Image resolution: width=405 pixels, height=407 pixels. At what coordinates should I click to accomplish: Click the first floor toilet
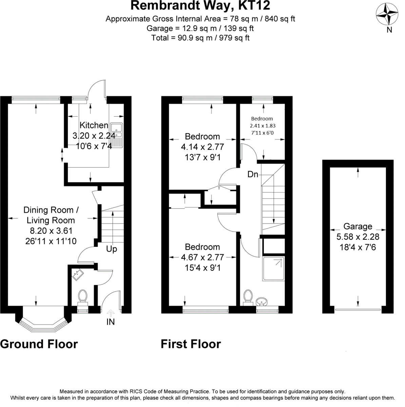pos(248,296)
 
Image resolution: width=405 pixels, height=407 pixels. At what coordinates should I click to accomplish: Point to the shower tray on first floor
pos(274,268)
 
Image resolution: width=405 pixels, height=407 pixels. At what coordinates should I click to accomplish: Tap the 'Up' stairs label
pos(112,249)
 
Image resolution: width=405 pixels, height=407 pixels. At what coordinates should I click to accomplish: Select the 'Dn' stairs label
pos(253,175)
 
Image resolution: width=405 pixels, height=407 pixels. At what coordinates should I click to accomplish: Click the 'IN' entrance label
pos(111,322)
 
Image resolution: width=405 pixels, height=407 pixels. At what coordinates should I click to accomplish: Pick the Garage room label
pos(358,226)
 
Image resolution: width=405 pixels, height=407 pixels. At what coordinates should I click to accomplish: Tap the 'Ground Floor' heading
pos(39,344)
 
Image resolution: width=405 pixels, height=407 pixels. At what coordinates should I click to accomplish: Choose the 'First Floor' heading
pos(191,344)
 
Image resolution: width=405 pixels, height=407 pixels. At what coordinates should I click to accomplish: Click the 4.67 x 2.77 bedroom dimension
pos(203,257)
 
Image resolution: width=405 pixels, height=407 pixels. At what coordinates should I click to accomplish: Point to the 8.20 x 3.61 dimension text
pos(51,231)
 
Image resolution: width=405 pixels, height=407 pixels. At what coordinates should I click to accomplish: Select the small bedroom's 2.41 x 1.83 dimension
pos(262,125)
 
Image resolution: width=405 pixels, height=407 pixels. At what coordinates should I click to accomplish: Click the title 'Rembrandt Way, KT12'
pos(200,6)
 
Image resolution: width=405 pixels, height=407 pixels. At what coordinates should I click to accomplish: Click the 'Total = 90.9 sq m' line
pos(200,38)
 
